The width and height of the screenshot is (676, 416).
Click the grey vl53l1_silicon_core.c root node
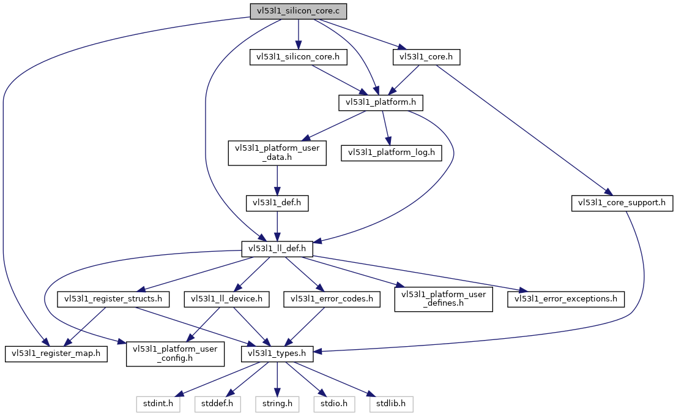pyautogui.click(x=299, y=11)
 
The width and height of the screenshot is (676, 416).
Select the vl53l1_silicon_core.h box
pyautogui.click(x=299, y=58)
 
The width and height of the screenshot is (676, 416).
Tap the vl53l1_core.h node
pyautogui.click(x=426, y=58)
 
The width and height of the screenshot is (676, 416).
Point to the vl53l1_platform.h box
pyautogui.click(x=381, y=103)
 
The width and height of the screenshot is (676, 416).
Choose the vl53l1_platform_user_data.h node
pyautogui.click(x=277, y=153)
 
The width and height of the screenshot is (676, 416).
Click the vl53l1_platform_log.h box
pyautogui.click(x=392, y=153)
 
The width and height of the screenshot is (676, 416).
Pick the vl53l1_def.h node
pyautogui.click(x=277, y=203)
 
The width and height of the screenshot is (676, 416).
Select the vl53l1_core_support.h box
pyautogui.click(x=622, y=203)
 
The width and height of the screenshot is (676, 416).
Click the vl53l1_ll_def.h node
pyautogui.click(x=277, y=249)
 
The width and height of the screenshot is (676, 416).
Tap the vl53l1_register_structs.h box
pyautogui.click(x=113, y=299)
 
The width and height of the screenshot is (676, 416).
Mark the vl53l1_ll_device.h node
pyautogui.click(x=227, y=299)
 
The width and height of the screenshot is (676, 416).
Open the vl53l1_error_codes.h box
pyautogui.click(x=332, y=299)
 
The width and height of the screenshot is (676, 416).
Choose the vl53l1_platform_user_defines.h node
pyautogui.click(x=444, y=298)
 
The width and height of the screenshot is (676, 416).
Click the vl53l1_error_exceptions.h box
pyautogui.click(x=566, y=299)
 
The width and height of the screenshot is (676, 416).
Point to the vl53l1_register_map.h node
pyautogui.click(x=56, y=354)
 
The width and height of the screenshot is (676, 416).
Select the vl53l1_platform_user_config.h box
pyautogui.click(x=175, y=354)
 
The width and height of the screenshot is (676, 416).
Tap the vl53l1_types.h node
pyautogui.click(x=277, y=354)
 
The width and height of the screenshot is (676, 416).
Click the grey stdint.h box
pyautogui.click(x=158, y=404)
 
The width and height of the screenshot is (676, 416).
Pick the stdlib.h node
pyautogui.click(x=391, y=404)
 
